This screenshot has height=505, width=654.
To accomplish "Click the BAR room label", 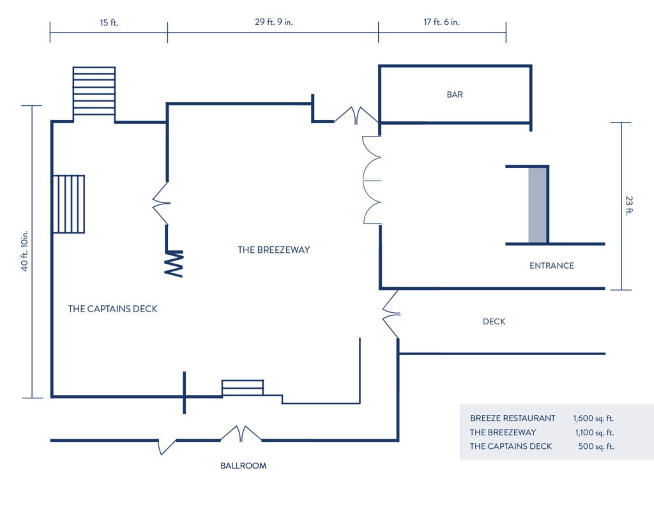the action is (x=455, y=94).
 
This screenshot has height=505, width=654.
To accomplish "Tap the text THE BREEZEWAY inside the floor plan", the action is (x=273, y=250).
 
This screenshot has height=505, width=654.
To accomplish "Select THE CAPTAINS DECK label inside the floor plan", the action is (x=112, y=309).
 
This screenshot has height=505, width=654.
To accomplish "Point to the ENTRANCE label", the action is (x=551, y=266).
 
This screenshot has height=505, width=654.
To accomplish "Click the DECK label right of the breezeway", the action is (x=494, y=322).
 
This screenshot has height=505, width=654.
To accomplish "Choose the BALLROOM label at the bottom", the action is (x=243, y=466).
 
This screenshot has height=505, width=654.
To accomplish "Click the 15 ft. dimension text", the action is (x=109, y=22).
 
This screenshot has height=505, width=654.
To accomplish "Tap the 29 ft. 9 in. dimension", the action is (x=273, y=22).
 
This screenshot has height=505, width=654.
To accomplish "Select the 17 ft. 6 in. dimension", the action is (x=442, y=22).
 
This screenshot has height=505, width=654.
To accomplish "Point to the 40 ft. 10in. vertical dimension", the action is (x=25, y=251).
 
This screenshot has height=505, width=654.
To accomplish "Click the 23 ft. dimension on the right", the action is (x=629, y=206).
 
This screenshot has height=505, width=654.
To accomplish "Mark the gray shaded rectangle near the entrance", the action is (x=537, y=205).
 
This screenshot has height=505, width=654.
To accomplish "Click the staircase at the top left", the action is (x=94, y=91).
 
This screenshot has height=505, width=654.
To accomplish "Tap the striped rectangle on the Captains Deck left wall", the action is (x=69, y=204).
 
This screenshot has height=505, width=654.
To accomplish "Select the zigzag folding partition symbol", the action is (x=174, y=263).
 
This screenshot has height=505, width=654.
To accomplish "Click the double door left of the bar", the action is (x=356, y=116).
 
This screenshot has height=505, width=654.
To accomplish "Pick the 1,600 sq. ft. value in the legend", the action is (x=593, y=418).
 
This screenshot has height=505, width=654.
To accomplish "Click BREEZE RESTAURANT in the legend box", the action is (x=513, y=418).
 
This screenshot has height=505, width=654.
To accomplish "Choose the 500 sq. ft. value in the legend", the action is (x=596, y=447).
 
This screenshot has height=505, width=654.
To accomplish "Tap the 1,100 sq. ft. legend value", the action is (x=595, y=432).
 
